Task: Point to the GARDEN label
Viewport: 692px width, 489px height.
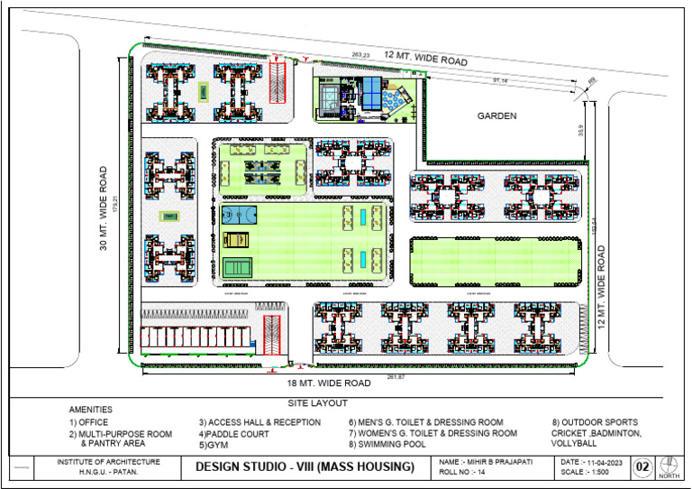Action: (x=496, y=115)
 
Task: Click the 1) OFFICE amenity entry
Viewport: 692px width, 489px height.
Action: (x=89, y=422)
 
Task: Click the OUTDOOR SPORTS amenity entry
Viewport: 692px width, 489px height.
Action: (x=595, y=422)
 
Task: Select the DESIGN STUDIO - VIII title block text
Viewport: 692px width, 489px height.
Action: (x=305, y=466)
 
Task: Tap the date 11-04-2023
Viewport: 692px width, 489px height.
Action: (x=592, y=461)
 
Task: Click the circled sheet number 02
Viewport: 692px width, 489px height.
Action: (x=642, y=466)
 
